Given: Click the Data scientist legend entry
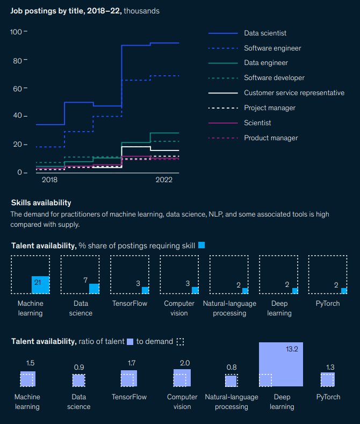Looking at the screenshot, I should coord(265,33).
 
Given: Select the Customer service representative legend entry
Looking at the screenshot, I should coord(294,93).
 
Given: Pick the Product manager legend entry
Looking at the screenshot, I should coord(271,138).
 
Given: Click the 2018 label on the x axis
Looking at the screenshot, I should coord(49,180).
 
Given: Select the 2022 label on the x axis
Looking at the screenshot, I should coord(164,180).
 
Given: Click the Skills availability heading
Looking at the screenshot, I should coord(41,203).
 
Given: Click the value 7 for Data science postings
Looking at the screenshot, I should coord(85,281).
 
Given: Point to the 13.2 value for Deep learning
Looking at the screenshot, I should coord(292,349).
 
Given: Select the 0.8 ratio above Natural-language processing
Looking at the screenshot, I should coord(231,368).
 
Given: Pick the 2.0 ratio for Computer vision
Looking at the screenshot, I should coord(184,363).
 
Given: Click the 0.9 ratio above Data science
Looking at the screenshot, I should coord(79,368).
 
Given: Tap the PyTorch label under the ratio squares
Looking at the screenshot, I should coord(328,397).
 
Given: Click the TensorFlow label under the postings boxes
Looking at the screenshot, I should coord(129,304).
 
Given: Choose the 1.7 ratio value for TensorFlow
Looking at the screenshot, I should coord(132,363).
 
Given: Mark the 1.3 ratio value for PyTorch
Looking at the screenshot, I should coord(330,368).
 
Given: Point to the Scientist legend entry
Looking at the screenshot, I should coord(257,123).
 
